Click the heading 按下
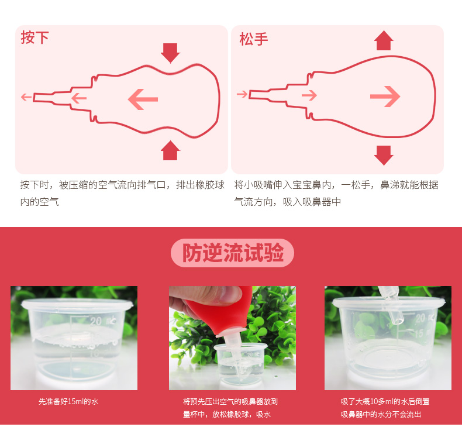click(35, 37)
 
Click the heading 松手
click(253, 39)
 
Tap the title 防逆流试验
click(233, 253)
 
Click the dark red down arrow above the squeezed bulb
click(170, 53)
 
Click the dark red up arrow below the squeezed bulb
click(170, 150)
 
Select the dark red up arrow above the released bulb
click(384, 40)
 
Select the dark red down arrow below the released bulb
click(384, 155)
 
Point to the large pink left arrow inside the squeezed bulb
click(143, 99)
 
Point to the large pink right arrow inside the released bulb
click(385, 97)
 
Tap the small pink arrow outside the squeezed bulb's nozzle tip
click(26, 97)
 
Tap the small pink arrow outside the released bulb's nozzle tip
click(242, 94)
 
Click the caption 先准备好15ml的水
click(68, 401)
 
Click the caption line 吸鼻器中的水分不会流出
click(381, 414)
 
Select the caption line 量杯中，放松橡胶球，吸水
click(226, 414)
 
